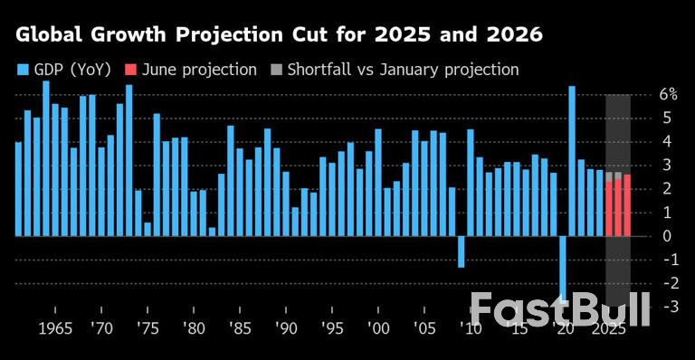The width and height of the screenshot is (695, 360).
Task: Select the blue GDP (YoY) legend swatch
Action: click(23, 70)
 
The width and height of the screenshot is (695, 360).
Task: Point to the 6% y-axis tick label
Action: click(668, 95)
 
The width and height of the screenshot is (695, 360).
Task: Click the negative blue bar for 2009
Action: click(461, 251)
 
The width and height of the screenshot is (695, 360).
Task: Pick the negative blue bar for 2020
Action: click(563, 267)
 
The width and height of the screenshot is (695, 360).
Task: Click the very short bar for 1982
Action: click(212, 232)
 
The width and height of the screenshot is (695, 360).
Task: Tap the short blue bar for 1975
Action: click(148, 230)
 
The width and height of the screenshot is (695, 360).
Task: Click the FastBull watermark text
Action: click(560, 309)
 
